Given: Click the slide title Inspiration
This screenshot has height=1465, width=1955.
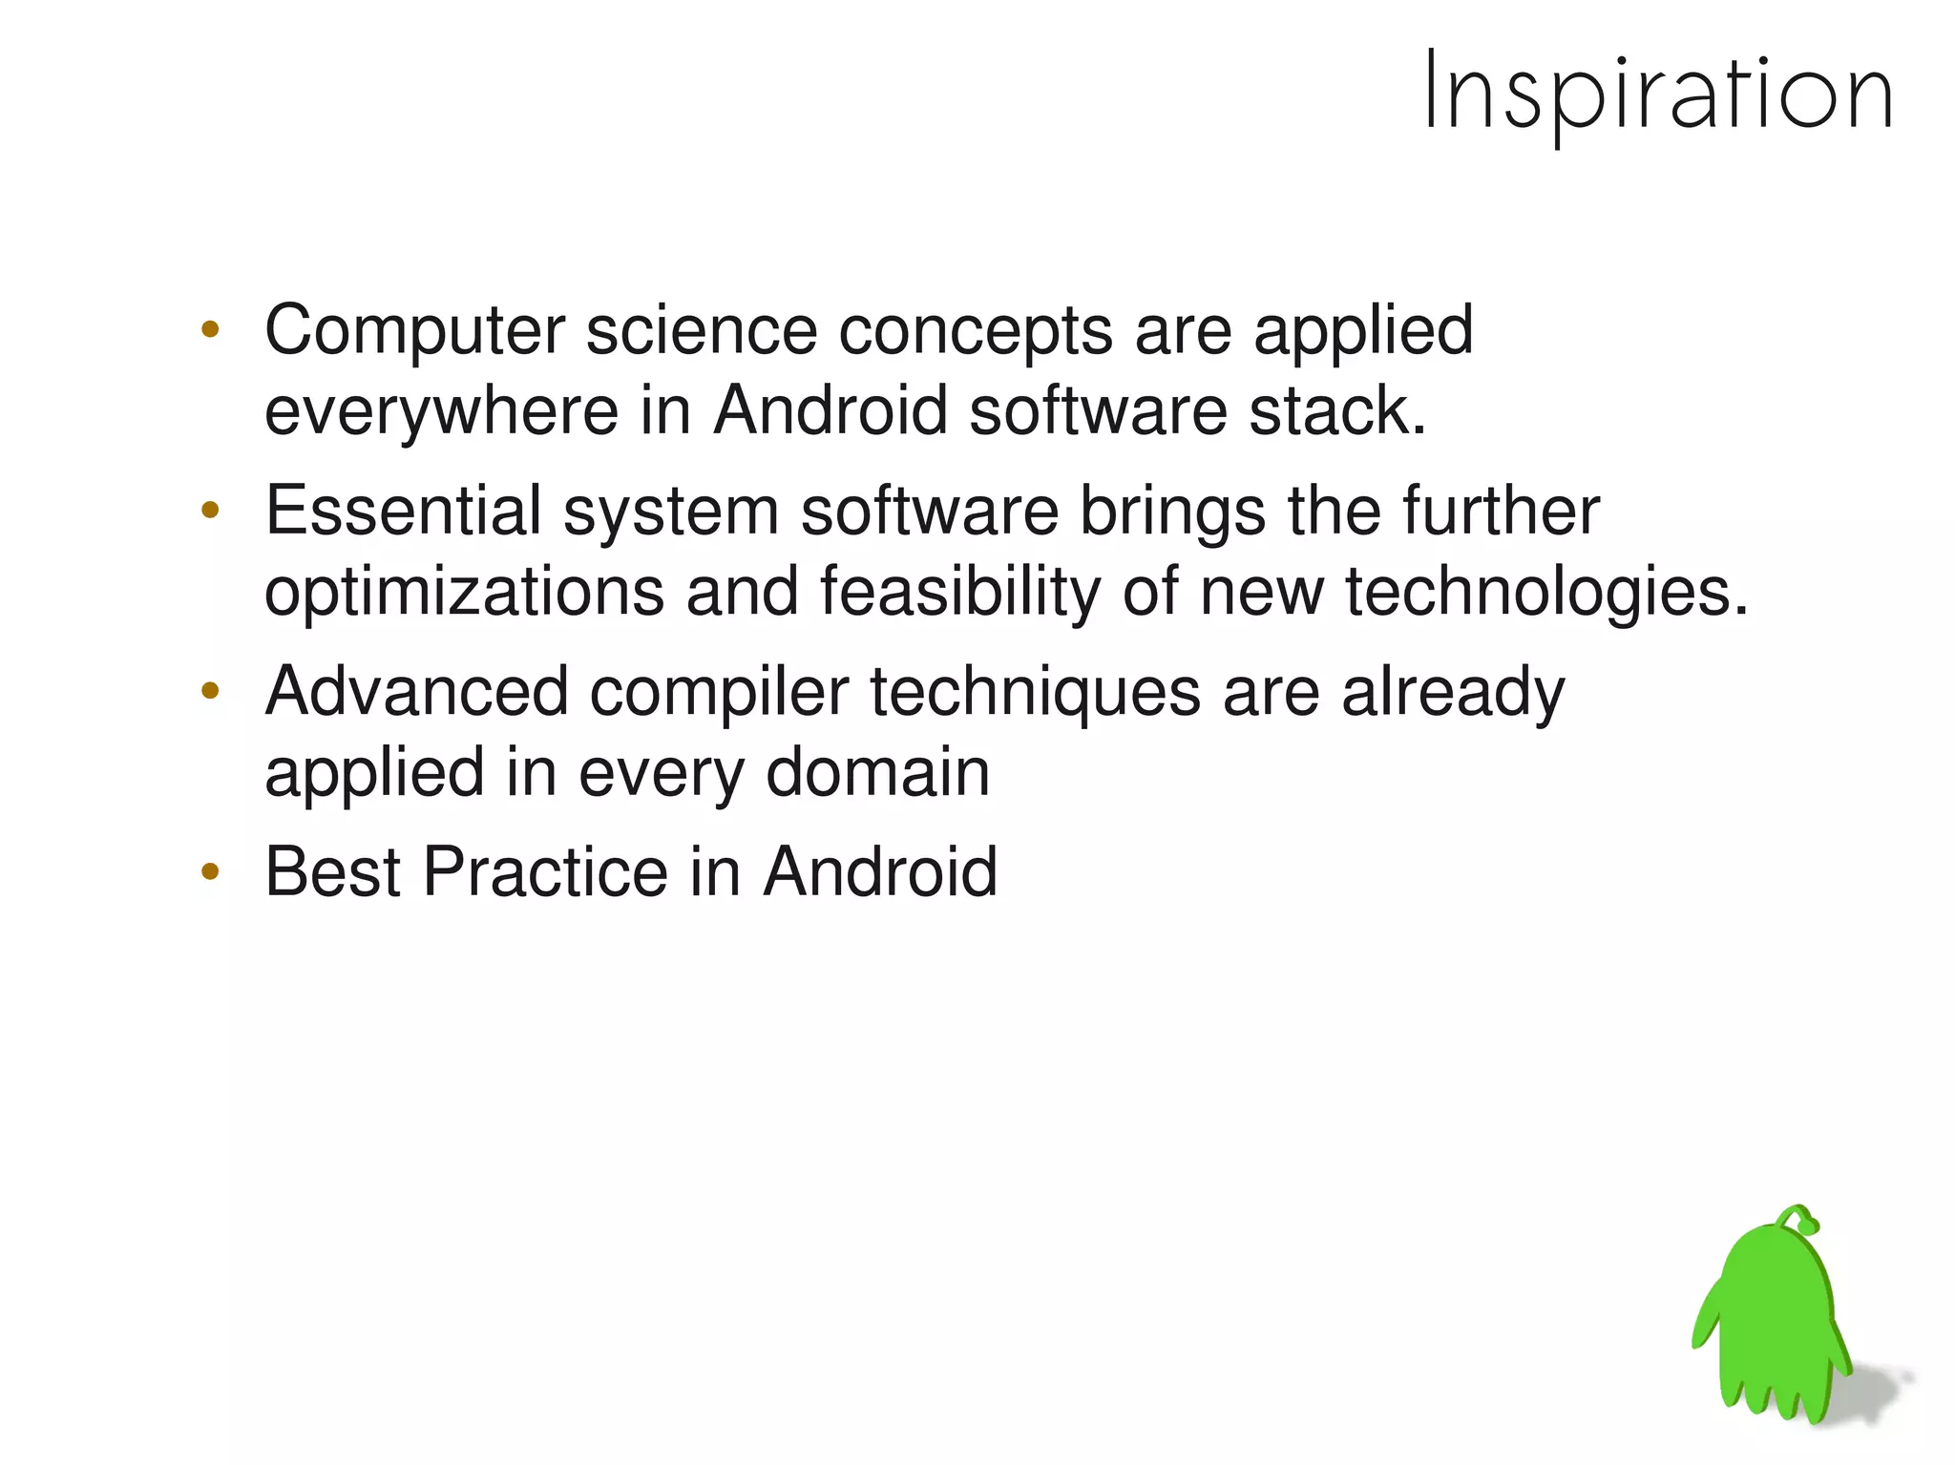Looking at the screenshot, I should coord(1657,94).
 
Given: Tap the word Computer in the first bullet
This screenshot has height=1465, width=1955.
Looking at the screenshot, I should coord(415,331).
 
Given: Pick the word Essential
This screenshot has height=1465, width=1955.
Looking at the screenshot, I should coord(403,511).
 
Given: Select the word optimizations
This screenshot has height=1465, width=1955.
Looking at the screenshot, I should coord(464,593).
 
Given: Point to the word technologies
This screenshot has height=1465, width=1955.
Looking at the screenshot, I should coord(1546,593).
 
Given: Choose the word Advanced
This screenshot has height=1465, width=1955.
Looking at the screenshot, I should coord(416,691).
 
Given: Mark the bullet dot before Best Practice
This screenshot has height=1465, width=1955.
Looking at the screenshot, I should coord(211,871).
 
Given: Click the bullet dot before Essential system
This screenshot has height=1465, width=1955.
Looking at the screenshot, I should coord(211,511).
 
